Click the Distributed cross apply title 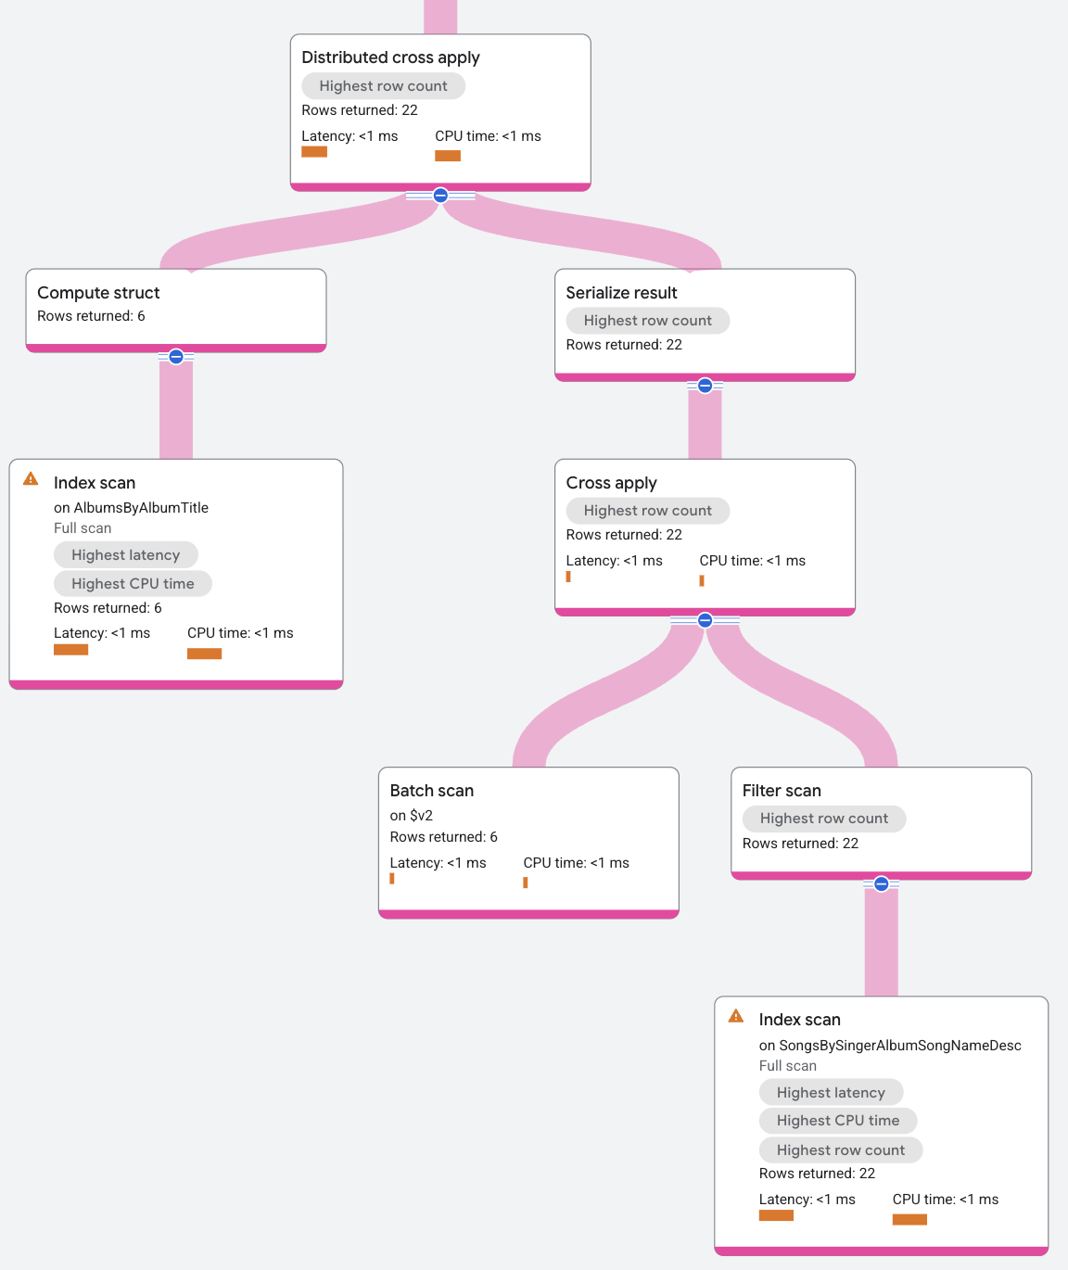click(390, 57)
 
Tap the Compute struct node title click(98, 293)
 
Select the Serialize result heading click(621, 293)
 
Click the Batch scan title click(431, 791)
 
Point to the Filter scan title click(782, 791)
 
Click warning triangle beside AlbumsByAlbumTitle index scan click(31, 479)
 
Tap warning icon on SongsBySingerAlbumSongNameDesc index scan click(736, 1016)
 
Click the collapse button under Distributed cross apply click(440, 196)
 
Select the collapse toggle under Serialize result click(705, 386)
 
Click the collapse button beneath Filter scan click(882, 884)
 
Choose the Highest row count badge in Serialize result click(647, 321)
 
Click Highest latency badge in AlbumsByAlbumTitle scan click(125, 555)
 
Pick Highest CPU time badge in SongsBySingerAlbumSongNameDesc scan click(837, 1121)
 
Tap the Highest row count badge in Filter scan click(823, 819)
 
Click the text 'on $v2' click(411, 816)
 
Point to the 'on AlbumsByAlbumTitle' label click(131, 508)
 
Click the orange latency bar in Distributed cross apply click(314, 152)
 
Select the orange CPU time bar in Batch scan click(525, 883)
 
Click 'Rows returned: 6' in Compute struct click(91, 316)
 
